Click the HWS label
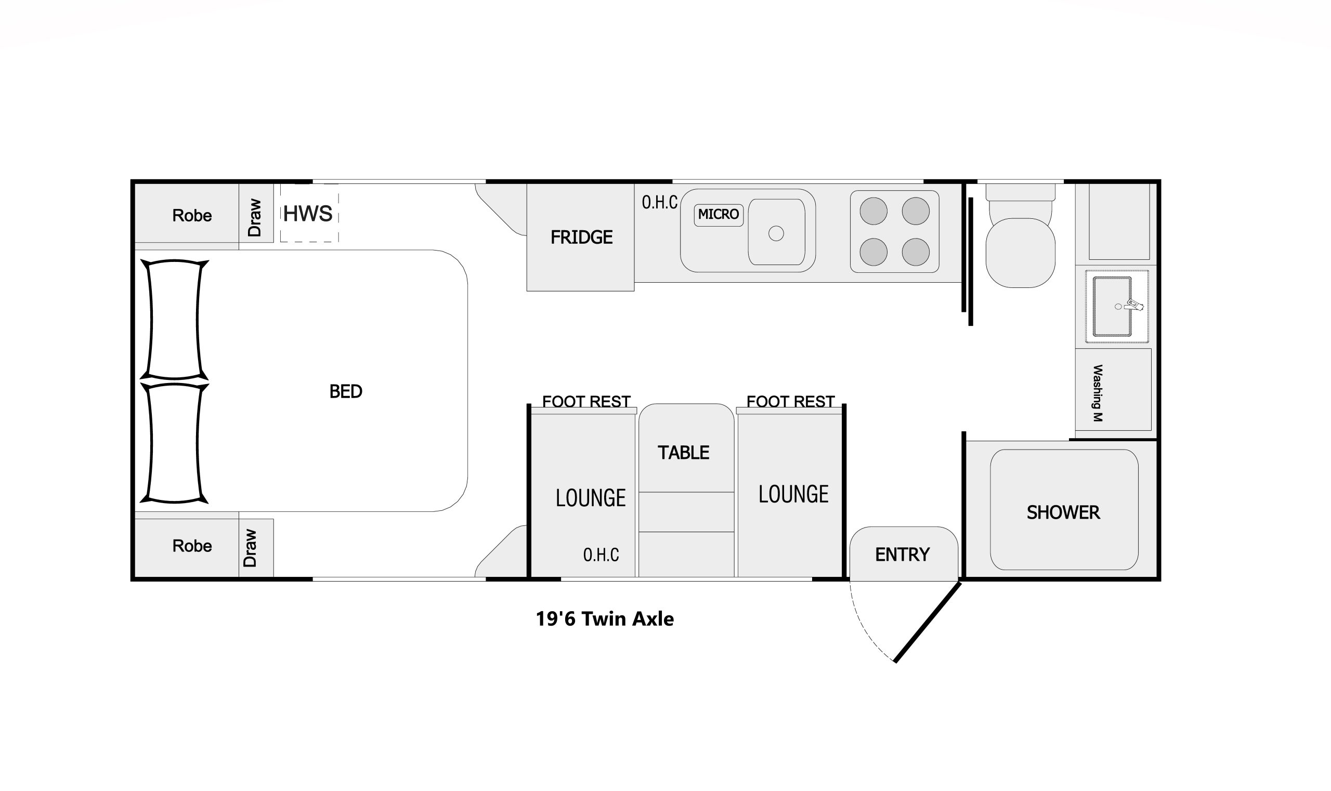(308, 214)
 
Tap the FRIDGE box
(581, 237)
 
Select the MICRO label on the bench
(719, 214)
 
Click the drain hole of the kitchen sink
(776, 233)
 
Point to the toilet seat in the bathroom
(1020, 253)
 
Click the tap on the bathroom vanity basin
(1132, 306)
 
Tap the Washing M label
(1098, 393)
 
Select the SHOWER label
(1063, 512)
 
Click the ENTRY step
(902, 555)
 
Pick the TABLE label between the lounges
(683, 453)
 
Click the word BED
(346, 392)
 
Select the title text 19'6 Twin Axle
(604, 619)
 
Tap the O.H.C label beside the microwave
(660, 203)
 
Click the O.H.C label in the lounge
(601, 555)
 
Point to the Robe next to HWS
(191, 215)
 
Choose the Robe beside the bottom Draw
(191, 546)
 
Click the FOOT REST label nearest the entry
(790, 401)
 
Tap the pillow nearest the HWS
(174, 319)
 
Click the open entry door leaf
(928, 622)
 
